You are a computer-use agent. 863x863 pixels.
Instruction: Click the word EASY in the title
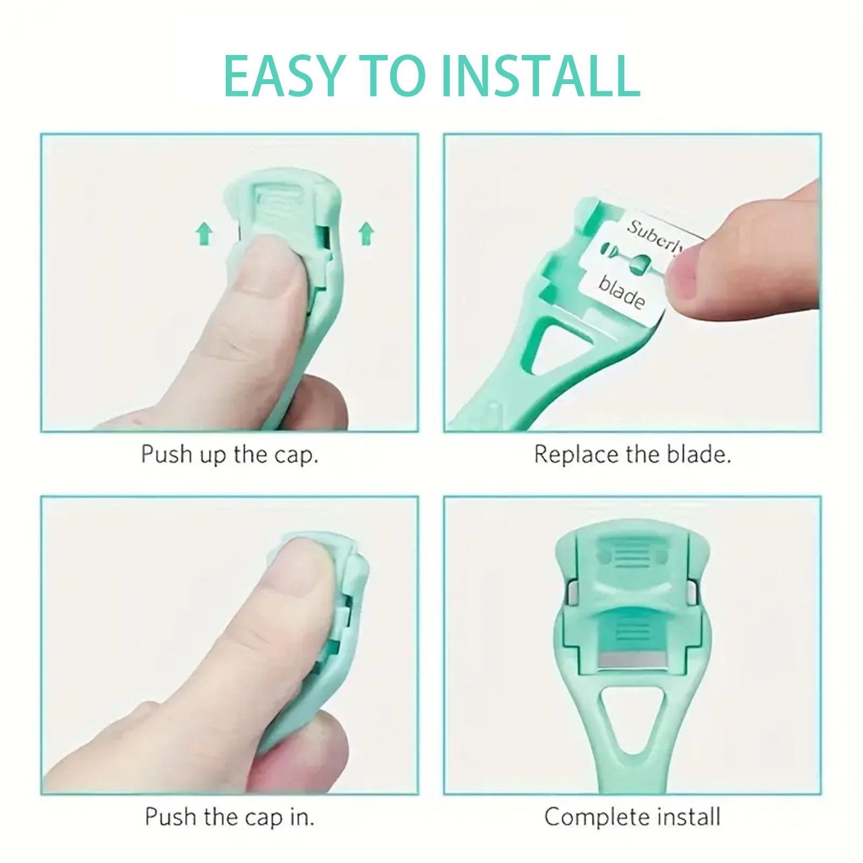pyautogui.click(x=283, y=76)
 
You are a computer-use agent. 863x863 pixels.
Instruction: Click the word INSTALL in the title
pyautogui.click(x=541, y=76)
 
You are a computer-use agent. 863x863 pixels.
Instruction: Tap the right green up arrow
pyautogui.click(x=366, y=233)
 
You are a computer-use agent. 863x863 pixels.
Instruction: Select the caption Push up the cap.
pyautogui.click(x=229, y=454)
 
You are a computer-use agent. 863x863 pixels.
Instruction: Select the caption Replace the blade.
pyautogui.click(x=632, y=454)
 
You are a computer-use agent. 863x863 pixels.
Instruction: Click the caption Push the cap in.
pyautogui.click(x=229, y=817)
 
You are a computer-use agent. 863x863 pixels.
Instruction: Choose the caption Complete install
pyautogui.click(x=632, y=817)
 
